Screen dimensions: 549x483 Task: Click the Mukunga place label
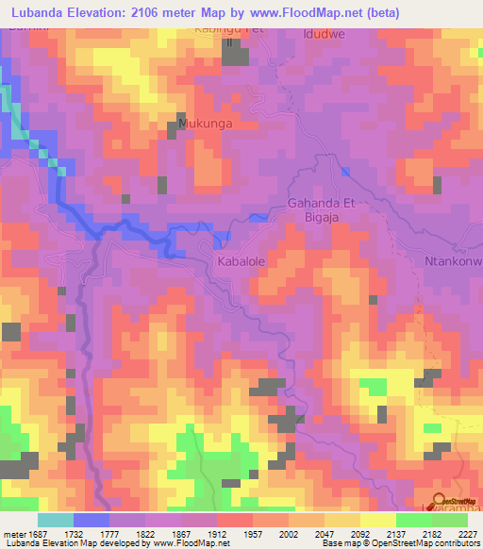click(x=205, y=123)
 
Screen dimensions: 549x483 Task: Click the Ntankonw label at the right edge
click(x=453, y=261)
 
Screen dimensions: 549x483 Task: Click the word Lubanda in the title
click(x=41, y=12)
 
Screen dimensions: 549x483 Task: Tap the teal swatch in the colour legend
click(x=56, y=519)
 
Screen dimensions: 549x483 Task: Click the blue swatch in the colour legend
click(x=92, y=519)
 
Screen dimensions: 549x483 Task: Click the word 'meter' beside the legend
click(x=15, y=533)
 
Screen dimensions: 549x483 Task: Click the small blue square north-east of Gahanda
click(x=345, y=171)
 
